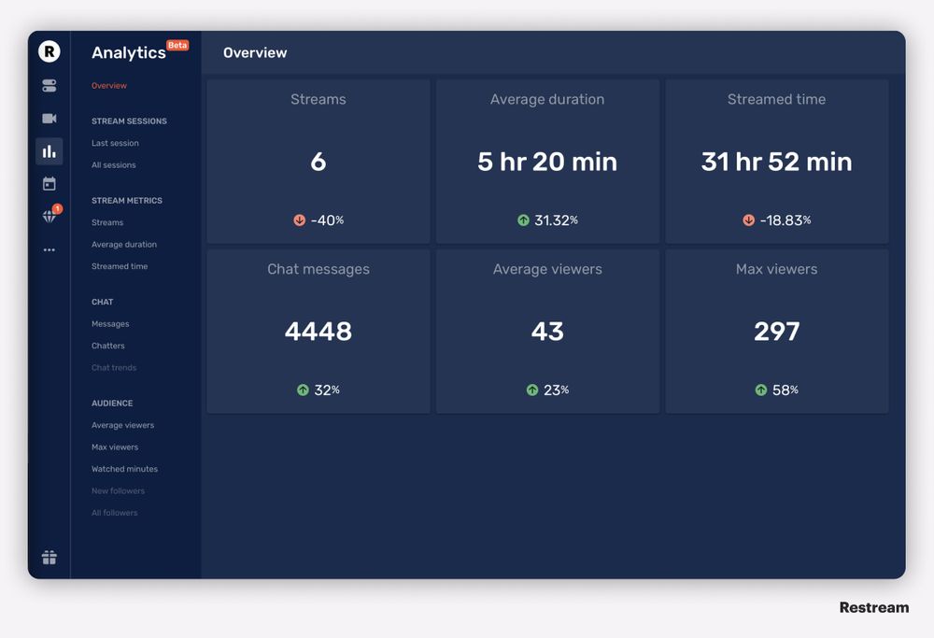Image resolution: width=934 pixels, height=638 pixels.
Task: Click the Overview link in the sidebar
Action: coord(109,86)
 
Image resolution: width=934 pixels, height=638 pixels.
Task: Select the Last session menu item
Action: coord(115,143)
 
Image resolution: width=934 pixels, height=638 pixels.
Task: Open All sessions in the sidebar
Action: coord(114,165)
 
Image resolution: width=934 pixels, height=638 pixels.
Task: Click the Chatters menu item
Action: coord(108,346)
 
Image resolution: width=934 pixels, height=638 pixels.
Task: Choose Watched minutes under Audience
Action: coord(124,469)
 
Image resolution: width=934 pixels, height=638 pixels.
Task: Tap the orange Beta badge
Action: coord(177,45)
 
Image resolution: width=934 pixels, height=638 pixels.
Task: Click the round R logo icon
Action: coord(49,51)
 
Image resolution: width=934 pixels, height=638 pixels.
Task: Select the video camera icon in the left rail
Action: coord(49,119)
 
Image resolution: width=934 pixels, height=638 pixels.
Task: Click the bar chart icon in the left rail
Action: coord(49,151)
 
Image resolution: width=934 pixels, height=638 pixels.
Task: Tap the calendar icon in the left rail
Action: coord(49,184)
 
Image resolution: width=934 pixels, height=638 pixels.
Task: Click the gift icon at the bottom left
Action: coord(49,558)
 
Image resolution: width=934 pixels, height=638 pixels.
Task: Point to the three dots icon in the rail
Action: coord(49,250)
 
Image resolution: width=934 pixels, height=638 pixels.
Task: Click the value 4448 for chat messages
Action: coord(318,332)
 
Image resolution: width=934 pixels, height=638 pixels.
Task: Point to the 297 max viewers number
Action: coord(776,332)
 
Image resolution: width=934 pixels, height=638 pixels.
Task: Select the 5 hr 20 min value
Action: coord(547,162)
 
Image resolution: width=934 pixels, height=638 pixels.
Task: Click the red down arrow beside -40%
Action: coord(300,220)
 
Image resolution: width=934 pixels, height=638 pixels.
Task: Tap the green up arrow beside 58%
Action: coord(761,390)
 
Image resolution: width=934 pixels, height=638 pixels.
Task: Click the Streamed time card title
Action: coord(776,100)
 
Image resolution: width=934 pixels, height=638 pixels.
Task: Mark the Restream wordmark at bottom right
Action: coord(873,608)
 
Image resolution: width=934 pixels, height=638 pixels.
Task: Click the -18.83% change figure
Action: coord(785,220)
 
